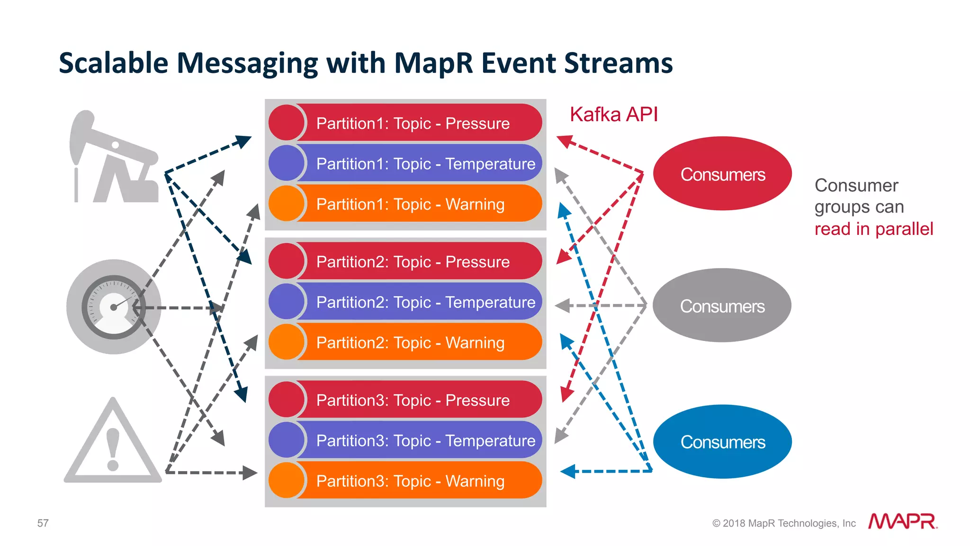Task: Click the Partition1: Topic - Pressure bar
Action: [x=412, y=123]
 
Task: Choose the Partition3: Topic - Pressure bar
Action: [x=412, y=400]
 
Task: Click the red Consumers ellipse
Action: [x=722, y=174]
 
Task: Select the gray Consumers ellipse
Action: [x=722, y=305]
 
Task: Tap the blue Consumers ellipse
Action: [x=722, y=441]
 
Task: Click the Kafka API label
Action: [x=613, y=115]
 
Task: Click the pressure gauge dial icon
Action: [x=114, y=307]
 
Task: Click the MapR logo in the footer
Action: [x=902, y=521]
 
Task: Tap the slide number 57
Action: [x=43, y=523]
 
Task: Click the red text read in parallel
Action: [x=873, y=229]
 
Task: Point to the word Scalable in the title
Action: [x=114, y=63]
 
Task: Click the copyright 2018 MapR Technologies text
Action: [x=784, y=523]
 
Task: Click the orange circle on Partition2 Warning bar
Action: [x=286, y=342]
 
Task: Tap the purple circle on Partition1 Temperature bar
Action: [x=286, y=163]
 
